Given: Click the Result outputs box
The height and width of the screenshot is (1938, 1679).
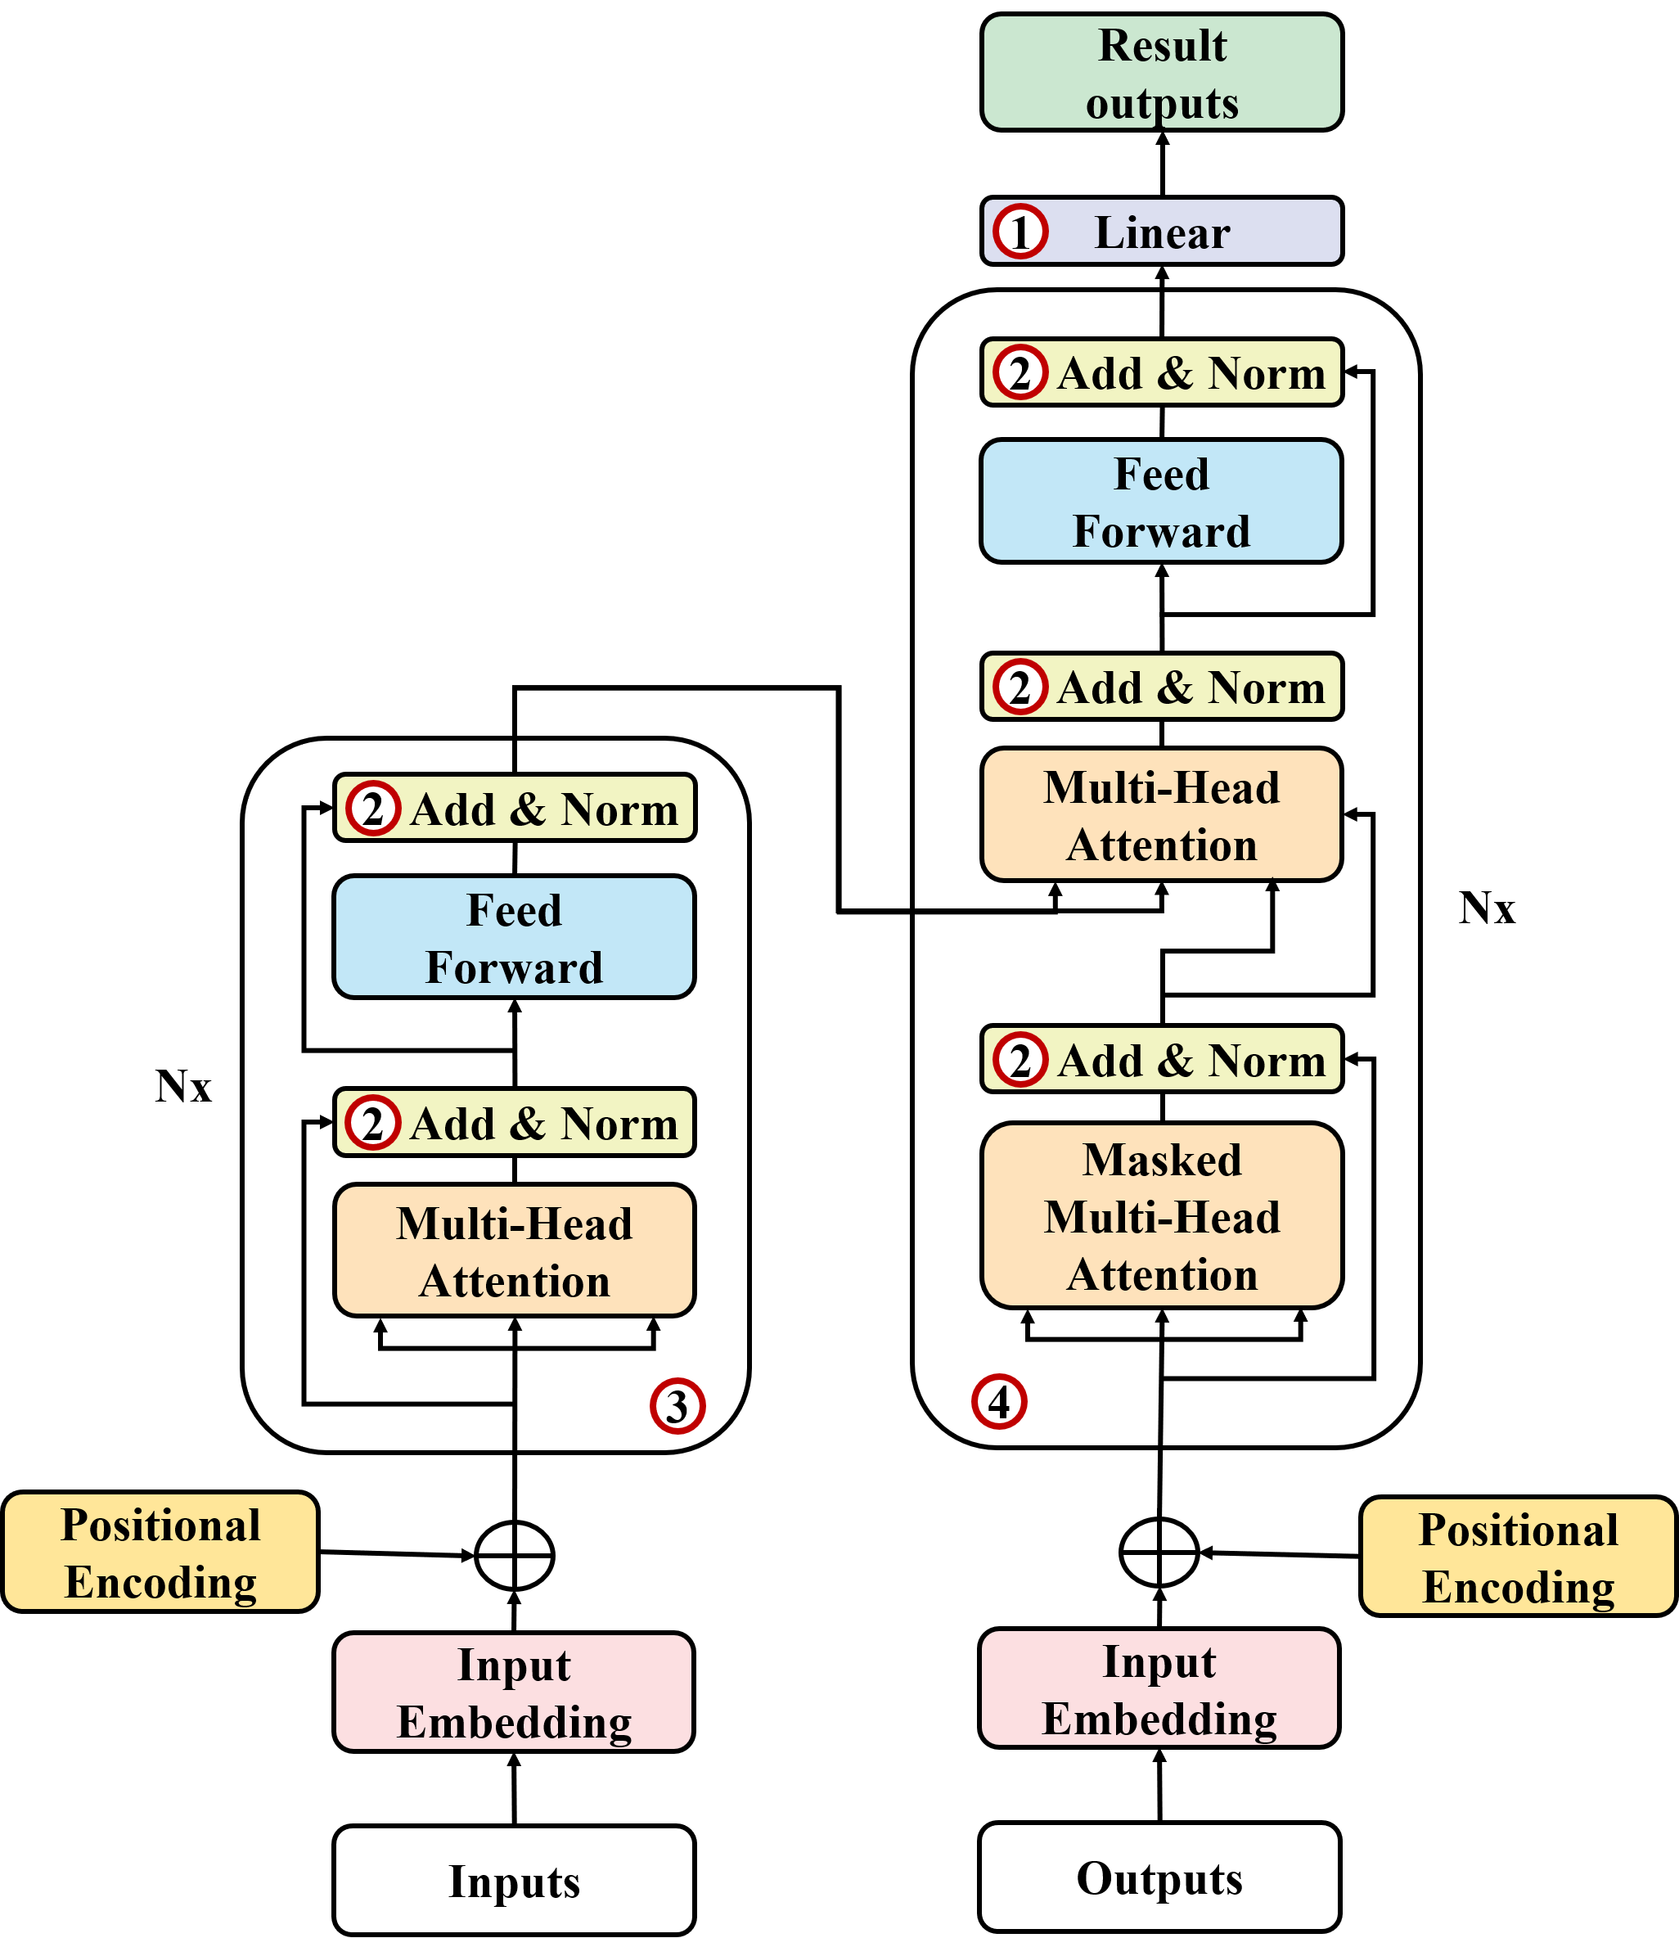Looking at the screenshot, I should [1161, 72].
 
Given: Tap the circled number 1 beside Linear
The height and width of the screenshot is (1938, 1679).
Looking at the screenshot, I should [1020, 231].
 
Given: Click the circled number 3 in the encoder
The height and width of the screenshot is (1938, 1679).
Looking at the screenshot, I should [677, 1406].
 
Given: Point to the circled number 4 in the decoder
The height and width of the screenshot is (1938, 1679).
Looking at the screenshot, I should [999, 1402].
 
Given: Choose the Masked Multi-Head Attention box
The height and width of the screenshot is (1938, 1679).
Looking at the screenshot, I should [1162, 1215].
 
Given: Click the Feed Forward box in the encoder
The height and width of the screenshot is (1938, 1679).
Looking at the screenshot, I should [514, 937].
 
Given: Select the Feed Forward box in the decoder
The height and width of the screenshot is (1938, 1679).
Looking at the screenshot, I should [1161, 502].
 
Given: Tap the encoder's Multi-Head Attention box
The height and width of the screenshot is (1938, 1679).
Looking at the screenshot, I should [514, 1251].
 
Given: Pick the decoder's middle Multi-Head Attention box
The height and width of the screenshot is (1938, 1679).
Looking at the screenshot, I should [1161, 814].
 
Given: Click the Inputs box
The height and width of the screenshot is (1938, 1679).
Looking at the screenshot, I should [514, 1880].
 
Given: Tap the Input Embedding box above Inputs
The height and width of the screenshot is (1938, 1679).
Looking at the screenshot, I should [514, 1692].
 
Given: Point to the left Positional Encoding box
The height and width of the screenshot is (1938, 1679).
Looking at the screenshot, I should [160, 1552].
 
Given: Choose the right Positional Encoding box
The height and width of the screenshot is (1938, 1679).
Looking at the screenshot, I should [1518, 1557].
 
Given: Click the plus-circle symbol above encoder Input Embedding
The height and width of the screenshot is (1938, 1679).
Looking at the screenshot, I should [515, 1556].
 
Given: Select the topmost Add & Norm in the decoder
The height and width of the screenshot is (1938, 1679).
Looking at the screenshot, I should [1162, 372].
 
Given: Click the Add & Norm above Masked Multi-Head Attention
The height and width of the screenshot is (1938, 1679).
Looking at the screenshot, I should [1162, 1059].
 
